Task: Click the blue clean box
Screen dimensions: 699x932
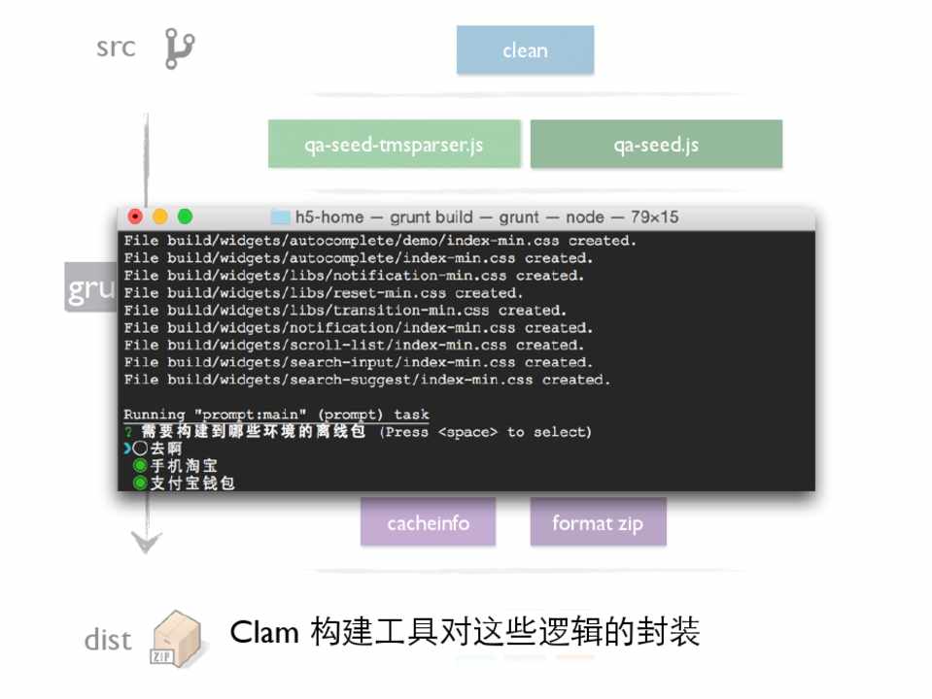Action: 525,50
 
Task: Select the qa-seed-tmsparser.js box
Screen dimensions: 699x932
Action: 394,145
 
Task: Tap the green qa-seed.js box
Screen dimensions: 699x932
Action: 656,145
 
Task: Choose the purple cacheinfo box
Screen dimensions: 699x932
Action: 428,523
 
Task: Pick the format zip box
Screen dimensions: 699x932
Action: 598,523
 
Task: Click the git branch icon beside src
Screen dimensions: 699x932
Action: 179,49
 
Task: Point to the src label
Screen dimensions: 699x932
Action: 116,48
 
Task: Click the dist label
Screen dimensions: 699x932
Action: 108,640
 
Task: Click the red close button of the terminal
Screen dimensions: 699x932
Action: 135,216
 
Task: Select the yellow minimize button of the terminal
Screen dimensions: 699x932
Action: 159,216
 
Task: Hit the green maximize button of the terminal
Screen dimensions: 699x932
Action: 185,216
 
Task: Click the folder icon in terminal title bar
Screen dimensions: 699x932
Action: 281,217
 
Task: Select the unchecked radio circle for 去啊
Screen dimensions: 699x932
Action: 140,449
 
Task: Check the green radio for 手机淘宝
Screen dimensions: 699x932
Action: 140,466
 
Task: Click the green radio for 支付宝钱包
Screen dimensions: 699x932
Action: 140,483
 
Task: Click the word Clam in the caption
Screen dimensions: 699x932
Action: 264,633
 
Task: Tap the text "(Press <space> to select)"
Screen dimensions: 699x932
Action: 485,432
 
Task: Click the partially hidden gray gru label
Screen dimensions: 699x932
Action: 90,288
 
